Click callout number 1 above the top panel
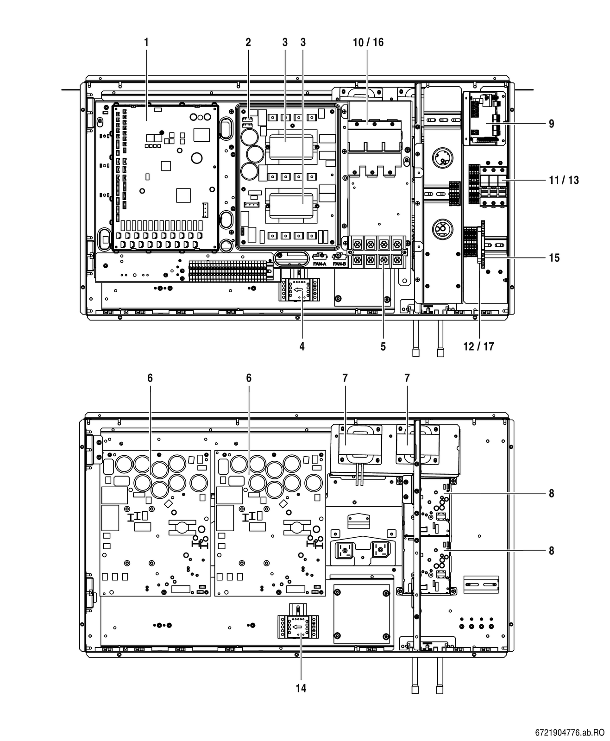coord(146,42)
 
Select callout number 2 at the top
coord(248,42)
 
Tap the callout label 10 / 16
coord(368,42)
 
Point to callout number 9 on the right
coord(552,124)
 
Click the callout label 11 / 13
coord(564,180)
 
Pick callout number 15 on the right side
coord(554,258)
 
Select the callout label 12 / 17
coord(478,346)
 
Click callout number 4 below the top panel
coord(302,346)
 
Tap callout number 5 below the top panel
coord(383,346)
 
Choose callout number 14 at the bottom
coord(301,688)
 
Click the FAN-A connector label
coord(320,264)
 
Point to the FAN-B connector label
coord(340,264)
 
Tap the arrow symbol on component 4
coord(298,290)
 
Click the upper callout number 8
coord(552,493)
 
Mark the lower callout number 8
coord(552,551)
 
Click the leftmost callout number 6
coord(150,378)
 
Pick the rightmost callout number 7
coord(407,378)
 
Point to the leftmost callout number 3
coord(285,42)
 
